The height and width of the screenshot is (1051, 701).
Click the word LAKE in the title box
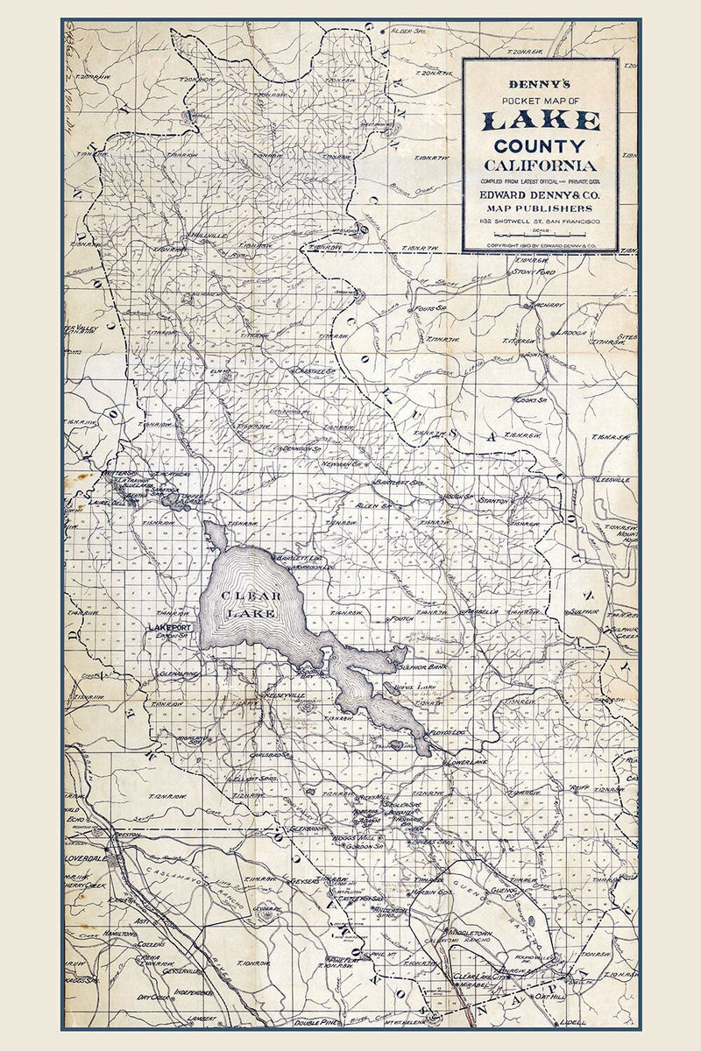540,120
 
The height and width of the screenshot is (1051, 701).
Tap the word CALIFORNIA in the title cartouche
540,165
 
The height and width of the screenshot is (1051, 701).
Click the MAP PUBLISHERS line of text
540,208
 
